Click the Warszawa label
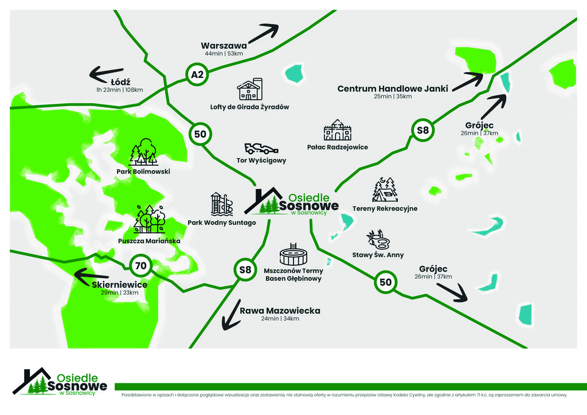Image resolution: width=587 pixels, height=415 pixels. [x=224, y=45]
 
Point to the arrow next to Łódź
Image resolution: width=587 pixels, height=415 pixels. [x=107, y=74]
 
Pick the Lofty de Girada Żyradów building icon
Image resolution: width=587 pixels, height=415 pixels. [x=249, y=89]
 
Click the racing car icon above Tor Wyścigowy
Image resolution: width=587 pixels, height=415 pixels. [x=261, y=148]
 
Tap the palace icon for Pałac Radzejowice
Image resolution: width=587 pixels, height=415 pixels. [x=337, y=131]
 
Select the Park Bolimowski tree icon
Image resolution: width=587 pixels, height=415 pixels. [x=143, y=152]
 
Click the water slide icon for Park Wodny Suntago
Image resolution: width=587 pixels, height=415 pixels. [x=221, y=204]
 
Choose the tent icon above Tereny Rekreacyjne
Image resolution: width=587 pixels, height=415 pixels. [x=385, y=190]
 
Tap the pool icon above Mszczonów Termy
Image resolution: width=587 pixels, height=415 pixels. [x=294, y=254]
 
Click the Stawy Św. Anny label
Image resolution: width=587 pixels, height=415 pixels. [x=378, y=255]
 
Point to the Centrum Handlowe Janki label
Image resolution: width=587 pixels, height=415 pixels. [x=392, y=89]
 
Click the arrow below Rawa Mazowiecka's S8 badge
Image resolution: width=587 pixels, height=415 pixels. [x=232, y=315]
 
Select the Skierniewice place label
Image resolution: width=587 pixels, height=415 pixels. [x=120, y=285]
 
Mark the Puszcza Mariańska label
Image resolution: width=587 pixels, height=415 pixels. [x=149, y=241]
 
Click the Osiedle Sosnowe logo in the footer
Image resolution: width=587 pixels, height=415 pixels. [x=60, y=382]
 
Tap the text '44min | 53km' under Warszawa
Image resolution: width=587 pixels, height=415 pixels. [x=224, y=54]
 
